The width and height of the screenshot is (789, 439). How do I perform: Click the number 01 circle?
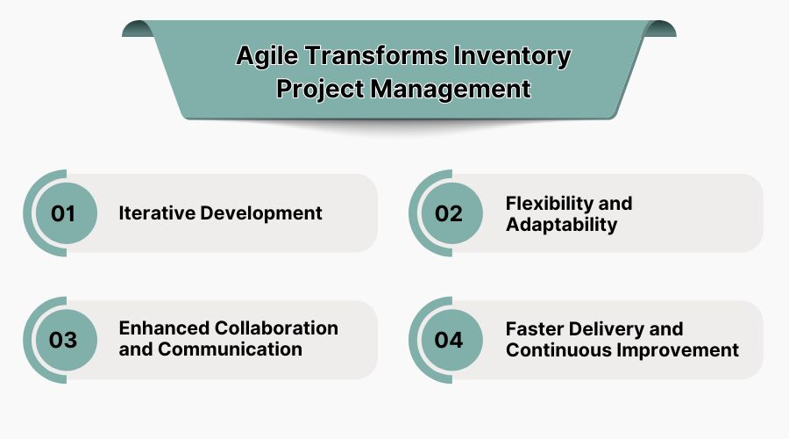[63, 213]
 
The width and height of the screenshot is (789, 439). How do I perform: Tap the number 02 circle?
[449, 213]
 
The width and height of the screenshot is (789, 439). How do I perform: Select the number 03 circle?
[63, 340]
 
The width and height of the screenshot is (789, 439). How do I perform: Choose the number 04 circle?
[449, 340]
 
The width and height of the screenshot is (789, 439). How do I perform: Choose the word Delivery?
[608, 328]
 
